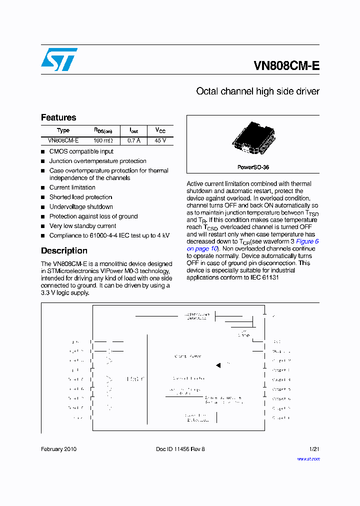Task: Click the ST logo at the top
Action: coord(59,59)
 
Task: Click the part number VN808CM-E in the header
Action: coord(286,66)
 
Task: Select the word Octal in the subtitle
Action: coord(207,91)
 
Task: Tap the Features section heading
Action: coord(58,117)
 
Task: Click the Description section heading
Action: coord(64,250)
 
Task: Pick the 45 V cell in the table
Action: coord(160,140)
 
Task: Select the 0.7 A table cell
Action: coord(133,140)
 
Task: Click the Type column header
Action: coord(63,130)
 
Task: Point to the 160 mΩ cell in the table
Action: coord(103,140)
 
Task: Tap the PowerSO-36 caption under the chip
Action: coord(253,167)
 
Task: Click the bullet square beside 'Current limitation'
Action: coord(43,188)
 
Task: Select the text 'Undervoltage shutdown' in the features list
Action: coord(81,206)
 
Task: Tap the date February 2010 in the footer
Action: coord(58,449)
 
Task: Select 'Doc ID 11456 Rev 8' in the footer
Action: coord(180,449)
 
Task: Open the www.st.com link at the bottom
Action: coord(308,458)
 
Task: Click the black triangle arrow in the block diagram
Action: coord(218,365)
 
